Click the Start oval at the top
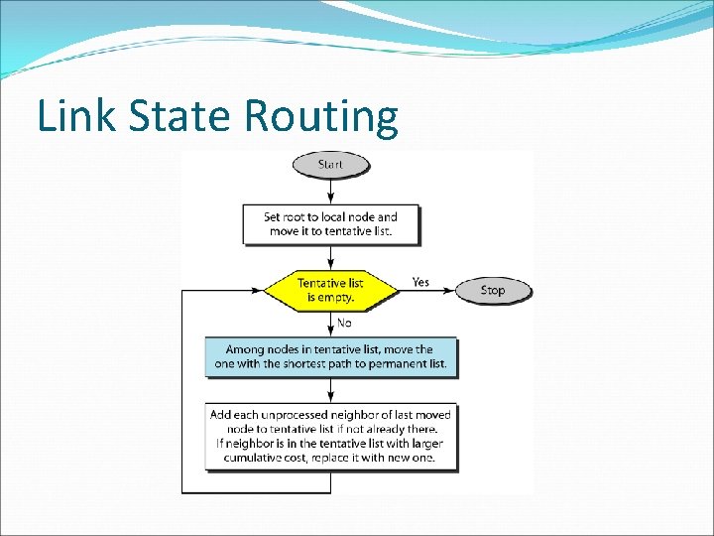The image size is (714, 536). tap(330, 163)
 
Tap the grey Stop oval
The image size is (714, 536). tap(493, 290)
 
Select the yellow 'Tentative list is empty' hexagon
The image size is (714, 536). tap(330, 290)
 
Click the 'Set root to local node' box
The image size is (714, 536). tap(330, 224)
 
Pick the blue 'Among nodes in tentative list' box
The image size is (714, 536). tap(330, 357)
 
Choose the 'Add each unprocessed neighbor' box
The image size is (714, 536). tap(330, 436)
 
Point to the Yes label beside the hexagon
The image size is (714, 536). tap(420, 282)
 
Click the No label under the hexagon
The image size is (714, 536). tap(344, 323)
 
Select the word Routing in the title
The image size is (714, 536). tap(321, 117)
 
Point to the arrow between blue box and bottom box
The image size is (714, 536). tap(330, 389)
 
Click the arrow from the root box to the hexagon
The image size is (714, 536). tap(330, 257)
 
